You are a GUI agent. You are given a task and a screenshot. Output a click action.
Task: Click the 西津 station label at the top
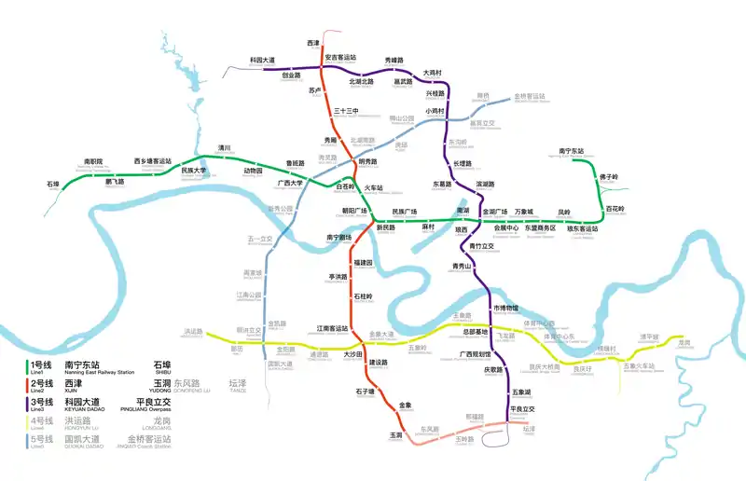coord(313,44)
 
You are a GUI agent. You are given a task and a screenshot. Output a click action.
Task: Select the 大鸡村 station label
coord(433,73)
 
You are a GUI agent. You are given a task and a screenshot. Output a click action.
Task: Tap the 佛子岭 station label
coord(608,177)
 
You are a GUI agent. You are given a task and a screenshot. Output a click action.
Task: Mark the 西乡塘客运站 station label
coord(153,161)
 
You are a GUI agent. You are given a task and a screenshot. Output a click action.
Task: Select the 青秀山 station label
coord(463,267)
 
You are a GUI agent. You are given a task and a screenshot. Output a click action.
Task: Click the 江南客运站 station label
coord(332,328)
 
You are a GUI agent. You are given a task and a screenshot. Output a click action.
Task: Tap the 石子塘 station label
coord(365,392)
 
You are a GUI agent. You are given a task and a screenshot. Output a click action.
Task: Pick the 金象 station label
coord(406,405)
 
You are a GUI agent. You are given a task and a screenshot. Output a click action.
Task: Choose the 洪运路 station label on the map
coord(193,332)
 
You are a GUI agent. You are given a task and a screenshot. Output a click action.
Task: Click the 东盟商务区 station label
coord(539,227)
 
